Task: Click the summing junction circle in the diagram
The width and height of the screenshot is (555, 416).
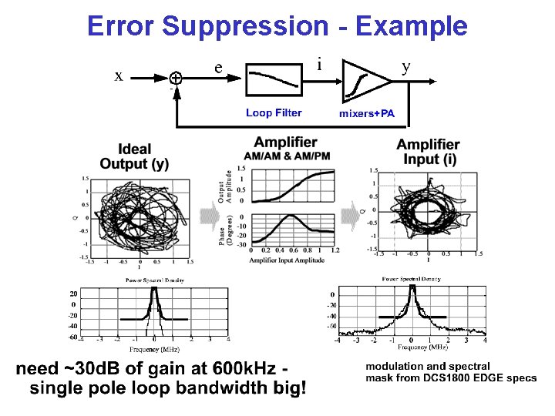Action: coord(177,78)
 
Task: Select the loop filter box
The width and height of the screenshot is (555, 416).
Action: coord(274,76)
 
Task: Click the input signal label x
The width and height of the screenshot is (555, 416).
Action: coord(118,75)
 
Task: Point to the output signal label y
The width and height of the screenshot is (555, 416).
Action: coord(406,66)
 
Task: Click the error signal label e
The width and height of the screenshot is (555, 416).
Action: coord(220,68)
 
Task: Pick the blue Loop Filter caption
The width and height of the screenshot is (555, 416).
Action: coord(274,113)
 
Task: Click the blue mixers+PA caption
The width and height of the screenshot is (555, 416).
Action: coord(367,114)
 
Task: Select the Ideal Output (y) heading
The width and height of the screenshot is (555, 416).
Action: coord(134,156)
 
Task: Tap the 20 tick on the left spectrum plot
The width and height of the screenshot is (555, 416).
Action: coord(72,294)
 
